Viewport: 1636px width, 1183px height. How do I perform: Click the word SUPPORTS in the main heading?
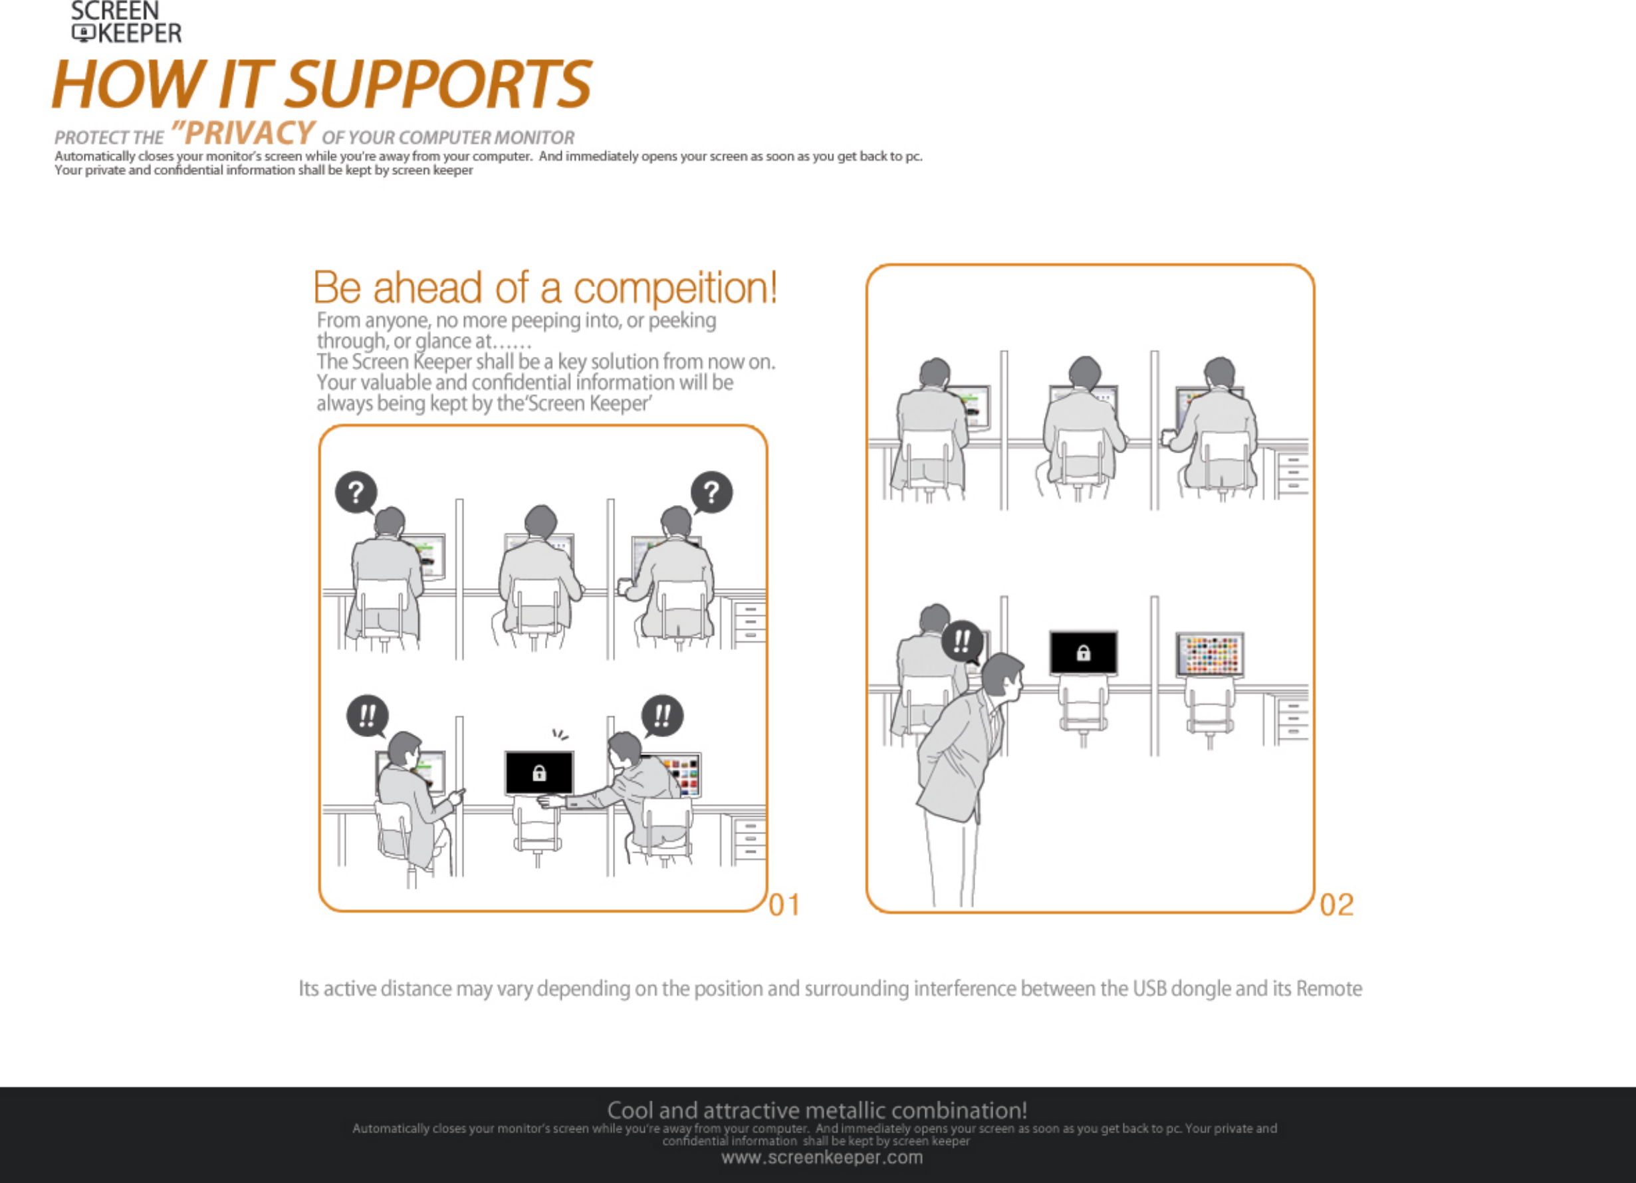(439, 84)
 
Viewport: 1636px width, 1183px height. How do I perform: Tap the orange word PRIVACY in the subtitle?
(249, 134)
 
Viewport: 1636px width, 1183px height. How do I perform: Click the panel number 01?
(785, 905)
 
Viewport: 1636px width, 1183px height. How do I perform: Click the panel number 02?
(1337, 905)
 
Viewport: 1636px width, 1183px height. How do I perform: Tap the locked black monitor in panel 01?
(540, 772)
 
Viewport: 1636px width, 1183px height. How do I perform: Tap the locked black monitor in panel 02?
(1084, 653)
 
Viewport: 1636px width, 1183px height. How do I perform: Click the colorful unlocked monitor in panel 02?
(1211, 654)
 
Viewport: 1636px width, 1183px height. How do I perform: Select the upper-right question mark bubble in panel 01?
(711, 492)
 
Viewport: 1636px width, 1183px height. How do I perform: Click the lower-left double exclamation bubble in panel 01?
(368, 716)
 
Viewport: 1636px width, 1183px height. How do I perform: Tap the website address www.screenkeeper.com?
(822, 1158)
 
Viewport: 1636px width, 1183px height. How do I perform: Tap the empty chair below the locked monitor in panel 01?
(537, 826)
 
